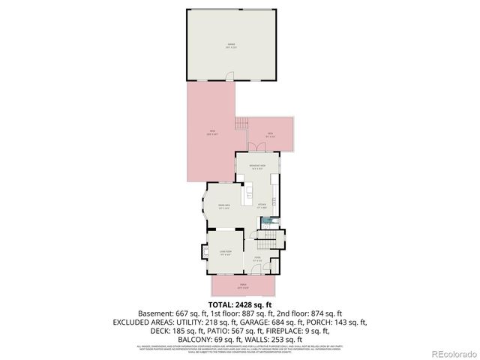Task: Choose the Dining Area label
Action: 223,205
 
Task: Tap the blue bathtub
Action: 267,221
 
